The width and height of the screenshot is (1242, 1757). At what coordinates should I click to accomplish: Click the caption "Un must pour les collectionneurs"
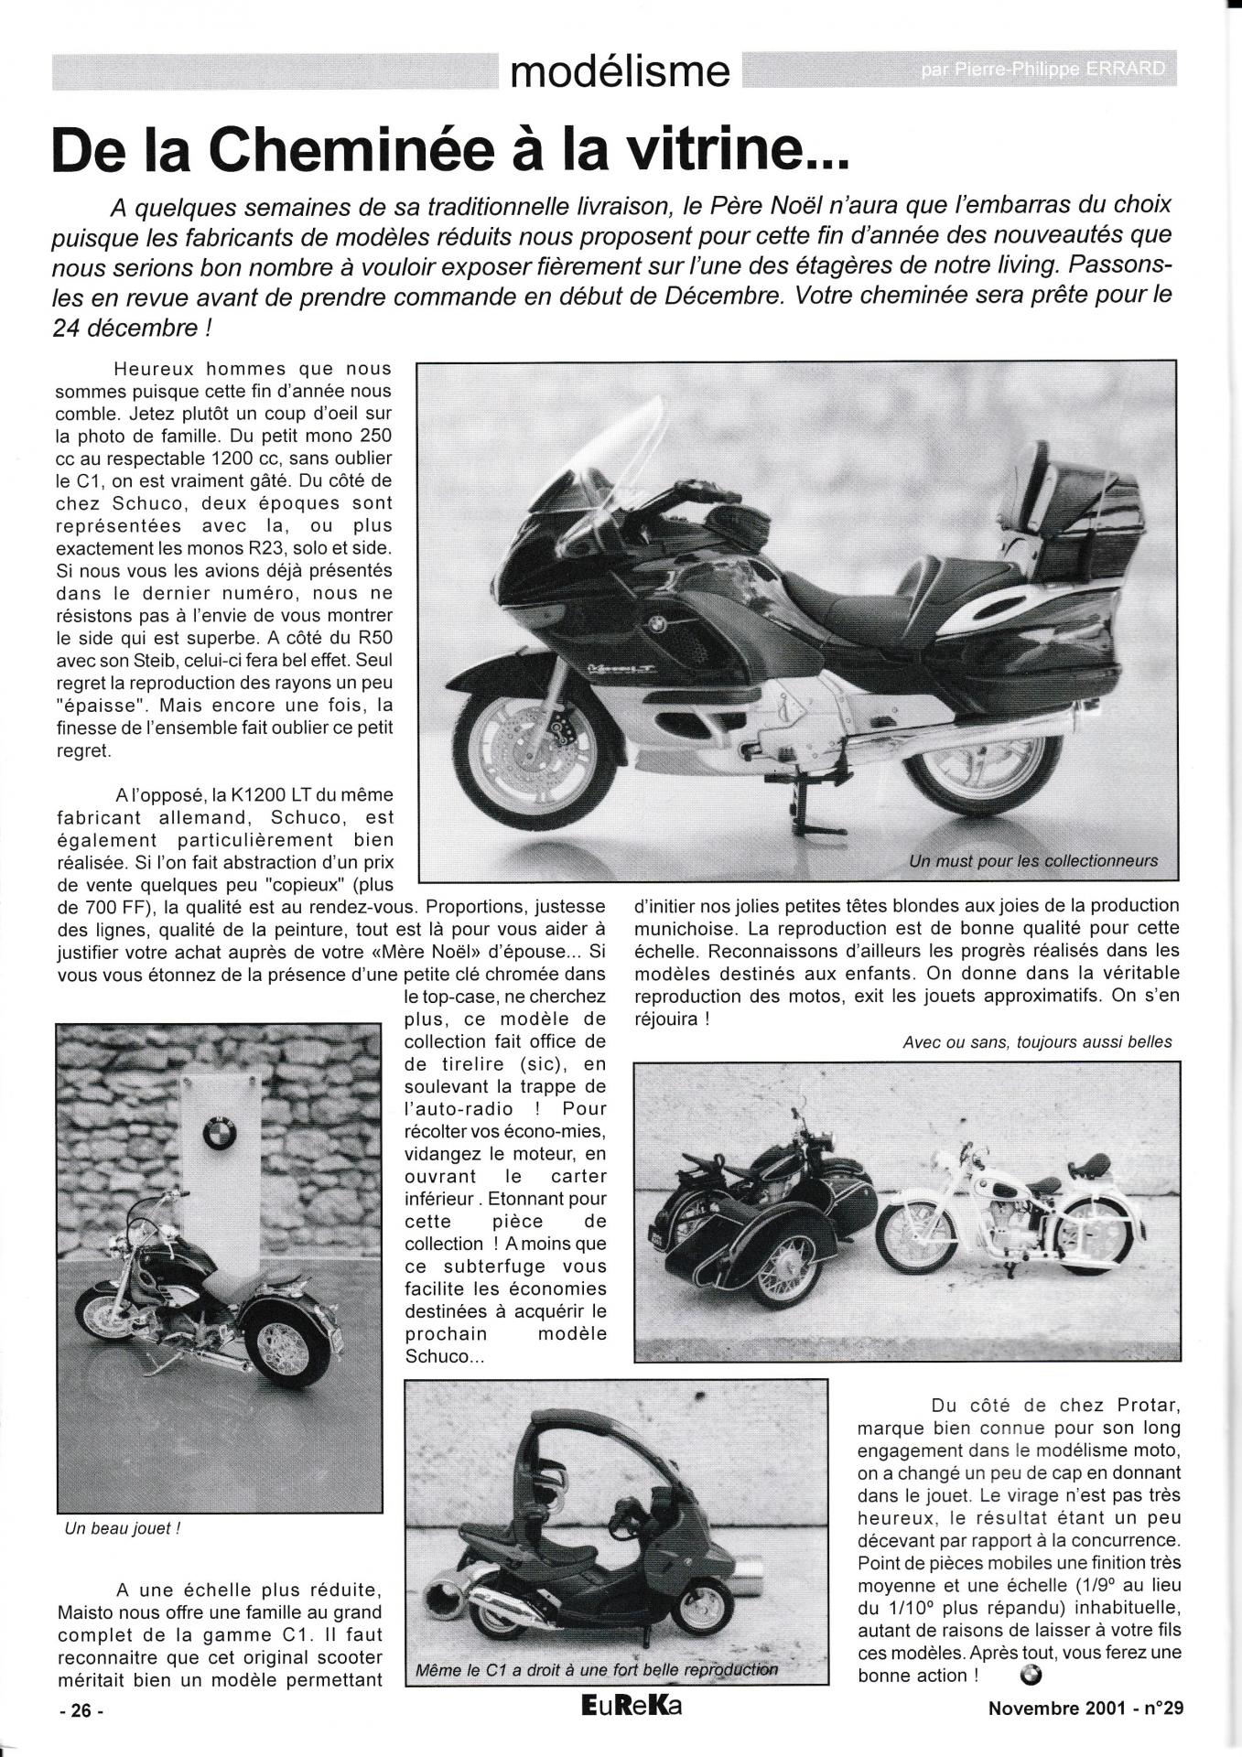click(1033, 860)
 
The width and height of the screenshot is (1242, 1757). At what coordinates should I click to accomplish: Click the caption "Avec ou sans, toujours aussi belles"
click(1036, 1041)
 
